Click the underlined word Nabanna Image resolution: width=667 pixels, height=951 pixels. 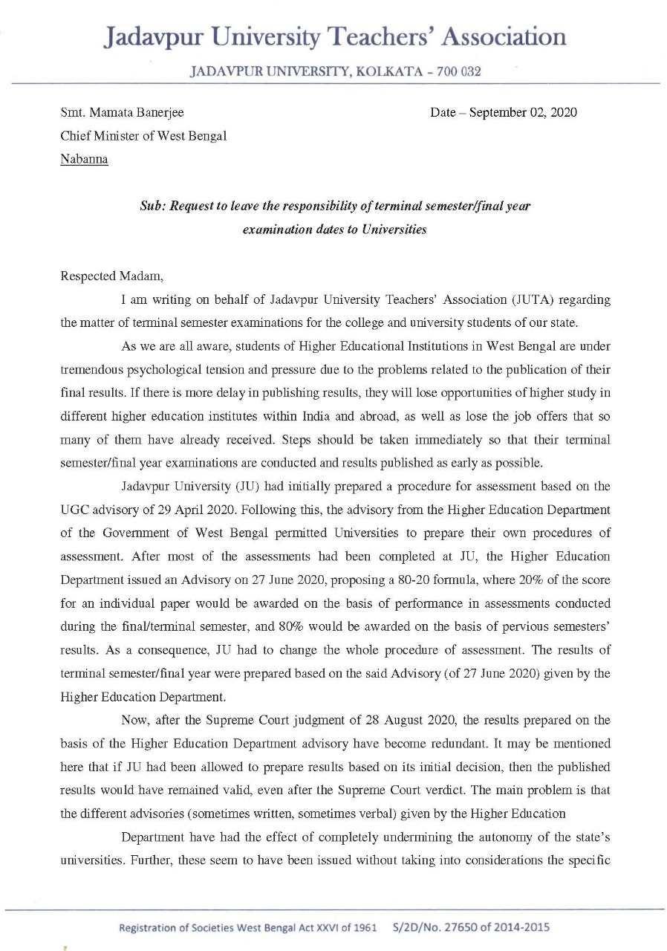tap(84, 160)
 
